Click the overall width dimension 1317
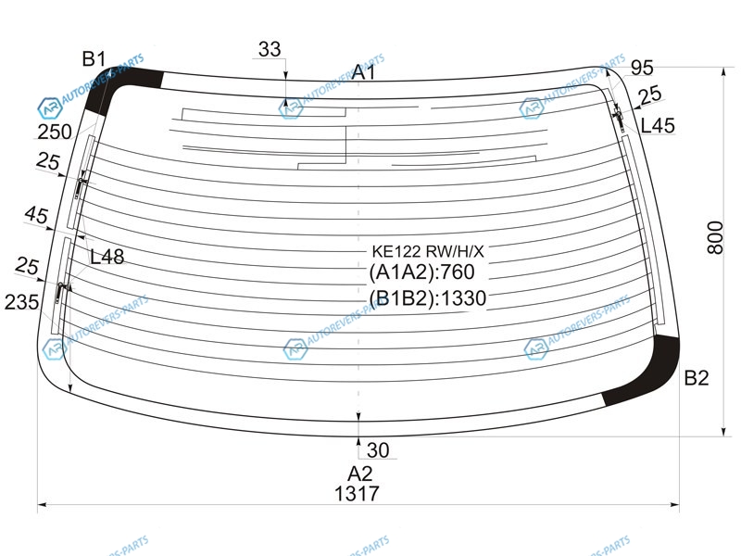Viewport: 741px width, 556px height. (357, 494)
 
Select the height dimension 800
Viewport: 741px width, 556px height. (715, 237)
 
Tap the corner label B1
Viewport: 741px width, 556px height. (94, 59)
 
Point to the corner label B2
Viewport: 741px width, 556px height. (697, 378)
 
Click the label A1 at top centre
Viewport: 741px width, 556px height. (363, 72)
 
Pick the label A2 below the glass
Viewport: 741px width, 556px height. (360, 474)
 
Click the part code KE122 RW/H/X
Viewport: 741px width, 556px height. (428, 251)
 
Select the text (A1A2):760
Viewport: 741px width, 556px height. (421, 272)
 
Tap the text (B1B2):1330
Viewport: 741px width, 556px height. (428, 297)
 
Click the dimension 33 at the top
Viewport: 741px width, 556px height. (270, 49)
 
